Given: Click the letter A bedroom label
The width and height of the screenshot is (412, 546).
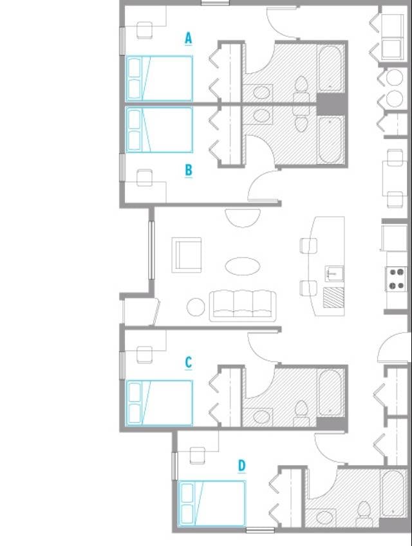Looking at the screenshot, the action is coord(188,38).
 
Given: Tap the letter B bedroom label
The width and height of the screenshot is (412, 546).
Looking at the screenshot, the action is coord(189,170).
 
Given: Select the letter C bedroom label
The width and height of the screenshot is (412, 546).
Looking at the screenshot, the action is coord(188,363).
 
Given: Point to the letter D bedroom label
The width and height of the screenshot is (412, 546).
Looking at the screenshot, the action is coord(241,466).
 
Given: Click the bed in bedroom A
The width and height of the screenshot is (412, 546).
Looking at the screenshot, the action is coord(159,78).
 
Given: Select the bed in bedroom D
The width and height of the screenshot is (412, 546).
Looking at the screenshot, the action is coord(212,504).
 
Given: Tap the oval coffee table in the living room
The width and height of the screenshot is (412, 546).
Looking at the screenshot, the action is coord(243,266).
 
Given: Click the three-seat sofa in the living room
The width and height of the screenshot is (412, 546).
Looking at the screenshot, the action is coord(243,305).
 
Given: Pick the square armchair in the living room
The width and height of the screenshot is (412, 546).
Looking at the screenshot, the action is coord(187,255).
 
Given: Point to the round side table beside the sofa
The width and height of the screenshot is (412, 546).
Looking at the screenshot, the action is coord(196,307).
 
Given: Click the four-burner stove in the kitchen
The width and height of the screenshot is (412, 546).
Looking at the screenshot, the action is coord(397,279).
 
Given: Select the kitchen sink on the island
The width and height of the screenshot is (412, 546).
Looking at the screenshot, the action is coord(335,273).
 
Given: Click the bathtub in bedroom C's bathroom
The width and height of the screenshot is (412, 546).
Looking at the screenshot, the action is coord(330,392).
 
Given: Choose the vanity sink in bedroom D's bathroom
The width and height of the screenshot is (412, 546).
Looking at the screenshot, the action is coord(325,518).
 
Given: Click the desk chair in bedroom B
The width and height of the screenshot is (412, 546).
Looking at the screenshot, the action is coord(144,177).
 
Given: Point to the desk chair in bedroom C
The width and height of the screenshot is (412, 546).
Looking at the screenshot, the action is coord(144,354).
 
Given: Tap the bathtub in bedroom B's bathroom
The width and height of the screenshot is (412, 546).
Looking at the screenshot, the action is coord(330,140).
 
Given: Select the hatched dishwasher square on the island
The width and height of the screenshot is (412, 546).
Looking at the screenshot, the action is coord(333,298).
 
